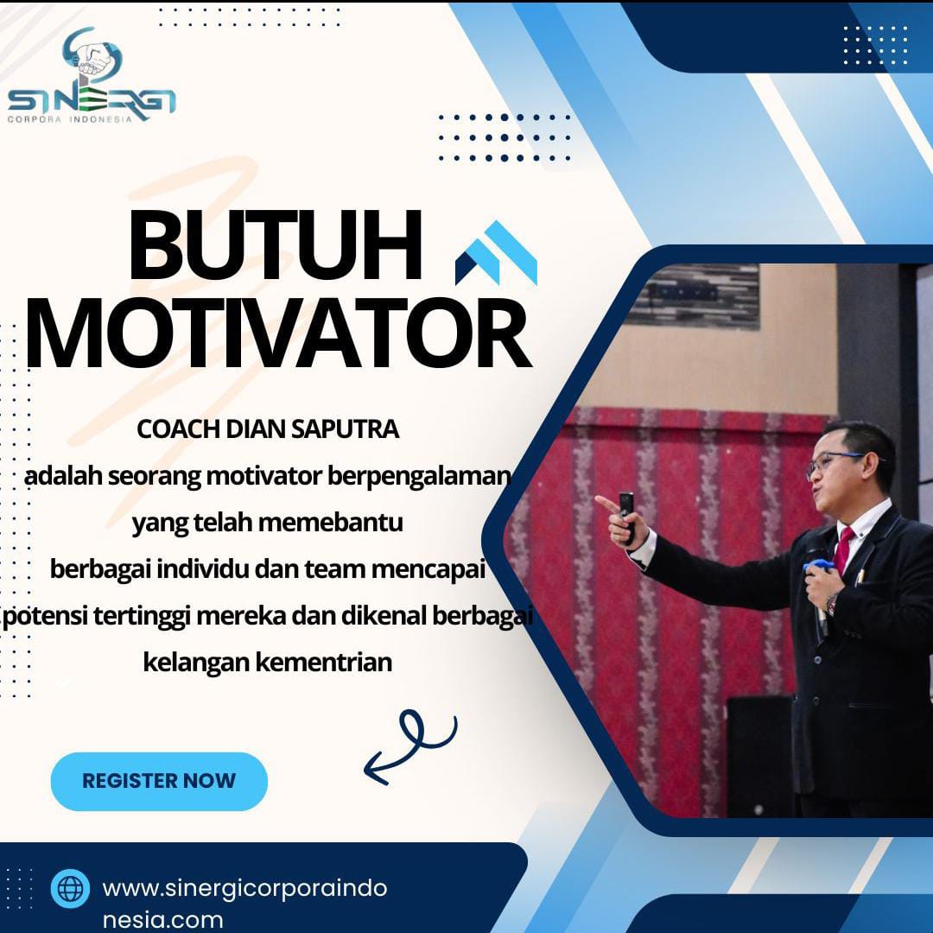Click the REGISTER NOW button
159,781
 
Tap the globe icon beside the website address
70,888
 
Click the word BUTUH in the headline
276,245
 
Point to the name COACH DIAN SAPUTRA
268,429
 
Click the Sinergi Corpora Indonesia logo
92,75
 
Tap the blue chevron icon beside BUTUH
496,253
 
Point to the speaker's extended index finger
607,505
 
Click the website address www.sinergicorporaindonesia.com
244,904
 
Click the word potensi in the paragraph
46,617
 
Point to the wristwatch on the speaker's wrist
831,604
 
